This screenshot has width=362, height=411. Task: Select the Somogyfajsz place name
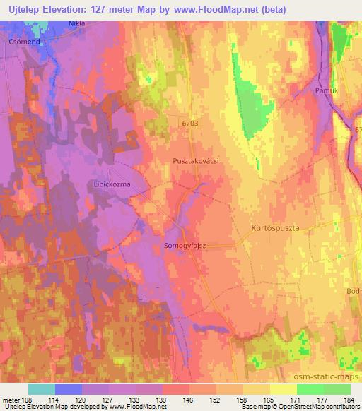click(x=185, y=245)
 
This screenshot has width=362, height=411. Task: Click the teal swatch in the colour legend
click(x=41, y=389)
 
